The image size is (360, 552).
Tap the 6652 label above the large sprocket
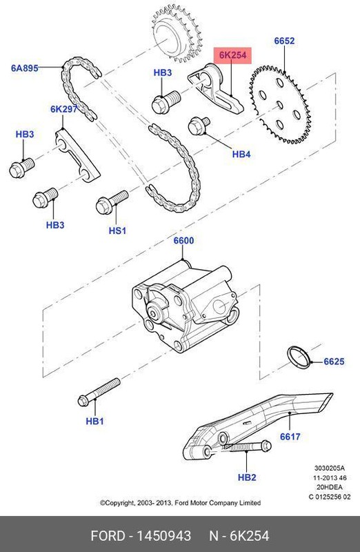pos(284,41)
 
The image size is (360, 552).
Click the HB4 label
pos(241,154)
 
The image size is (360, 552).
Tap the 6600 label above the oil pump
pos(183,241)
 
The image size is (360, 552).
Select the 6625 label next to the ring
pos(334,362)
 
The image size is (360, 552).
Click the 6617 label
pos(292,436)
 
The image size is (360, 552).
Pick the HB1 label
pos(94,421)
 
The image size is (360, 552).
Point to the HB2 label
pos(246,477)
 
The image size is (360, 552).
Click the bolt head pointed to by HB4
pos(198,127)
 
